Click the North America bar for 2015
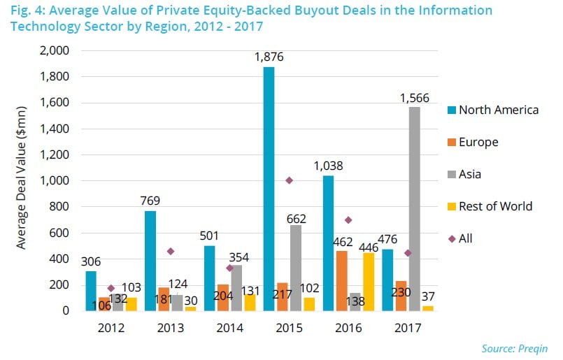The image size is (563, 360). [269, 189]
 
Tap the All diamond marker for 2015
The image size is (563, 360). [288, 180]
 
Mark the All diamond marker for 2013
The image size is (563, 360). [169, 251]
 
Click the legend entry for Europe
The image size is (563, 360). [478, 142]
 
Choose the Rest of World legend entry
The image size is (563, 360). [495, 206]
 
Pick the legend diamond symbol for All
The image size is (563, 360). [452, 238]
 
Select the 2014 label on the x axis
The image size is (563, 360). [229, 327]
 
